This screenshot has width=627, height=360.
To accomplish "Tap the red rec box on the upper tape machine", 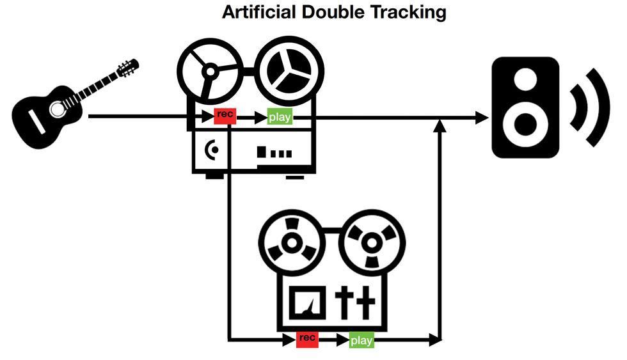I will pos(225,116).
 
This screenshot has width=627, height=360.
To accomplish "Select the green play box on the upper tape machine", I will pos(280,118).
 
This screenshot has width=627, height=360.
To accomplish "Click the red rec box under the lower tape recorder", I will pos(307,339).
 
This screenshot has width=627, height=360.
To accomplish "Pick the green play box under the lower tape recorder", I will pos(361,340).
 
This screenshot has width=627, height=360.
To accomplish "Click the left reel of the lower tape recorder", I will pos(291,244).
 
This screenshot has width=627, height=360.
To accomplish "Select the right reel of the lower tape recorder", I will pos(369,244).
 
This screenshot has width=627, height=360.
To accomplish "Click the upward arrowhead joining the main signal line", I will pos(439,125).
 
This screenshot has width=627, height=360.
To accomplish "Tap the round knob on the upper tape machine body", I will pos(213,150).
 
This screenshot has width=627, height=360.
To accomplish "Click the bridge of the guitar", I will pos(38,121).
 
